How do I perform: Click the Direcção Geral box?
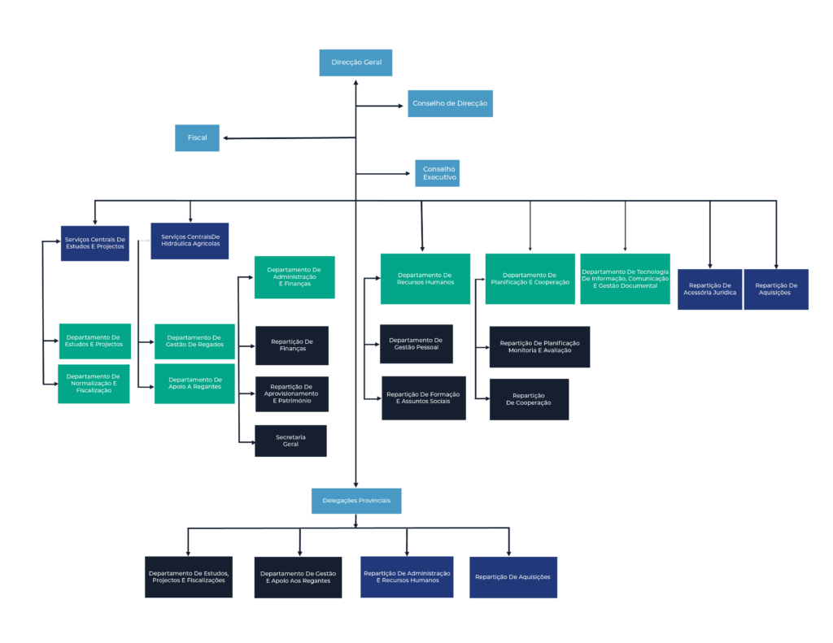355,63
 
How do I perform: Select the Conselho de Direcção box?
450,103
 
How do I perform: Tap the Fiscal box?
197,138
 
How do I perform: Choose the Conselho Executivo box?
437,173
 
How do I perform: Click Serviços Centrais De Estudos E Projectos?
95,243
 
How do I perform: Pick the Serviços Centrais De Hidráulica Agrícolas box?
190,241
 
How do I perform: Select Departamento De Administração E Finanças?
294,277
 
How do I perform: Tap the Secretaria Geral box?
290,441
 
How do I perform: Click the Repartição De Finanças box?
292,345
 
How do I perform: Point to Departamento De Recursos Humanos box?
425,279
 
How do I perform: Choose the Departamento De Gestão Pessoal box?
416,344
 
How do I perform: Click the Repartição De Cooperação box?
529,399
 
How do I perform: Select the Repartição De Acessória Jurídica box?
709,289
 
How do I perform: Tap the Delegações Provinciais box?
356,501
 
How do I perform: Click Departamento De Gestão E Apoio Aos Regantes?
298,577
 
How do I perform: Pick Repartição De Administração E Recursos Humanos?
407,577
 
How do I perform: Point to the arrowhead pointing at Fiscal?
226,138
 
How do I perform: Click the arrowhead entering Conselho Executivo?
408,174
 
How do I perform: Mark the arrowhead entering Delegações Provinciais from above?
356,484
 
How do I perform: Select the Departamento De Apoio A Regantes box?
194,384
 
